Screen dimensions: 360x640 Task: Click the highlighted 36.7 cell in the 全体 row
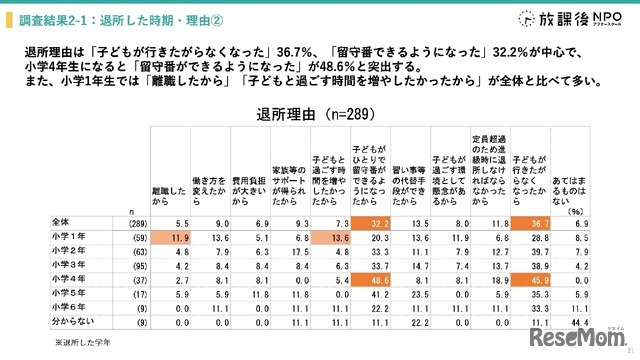529,222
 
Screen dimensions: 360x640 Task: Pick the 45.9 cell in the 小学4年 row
529,281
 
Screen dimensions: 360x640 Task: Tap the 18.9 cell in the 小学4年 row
490,281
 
